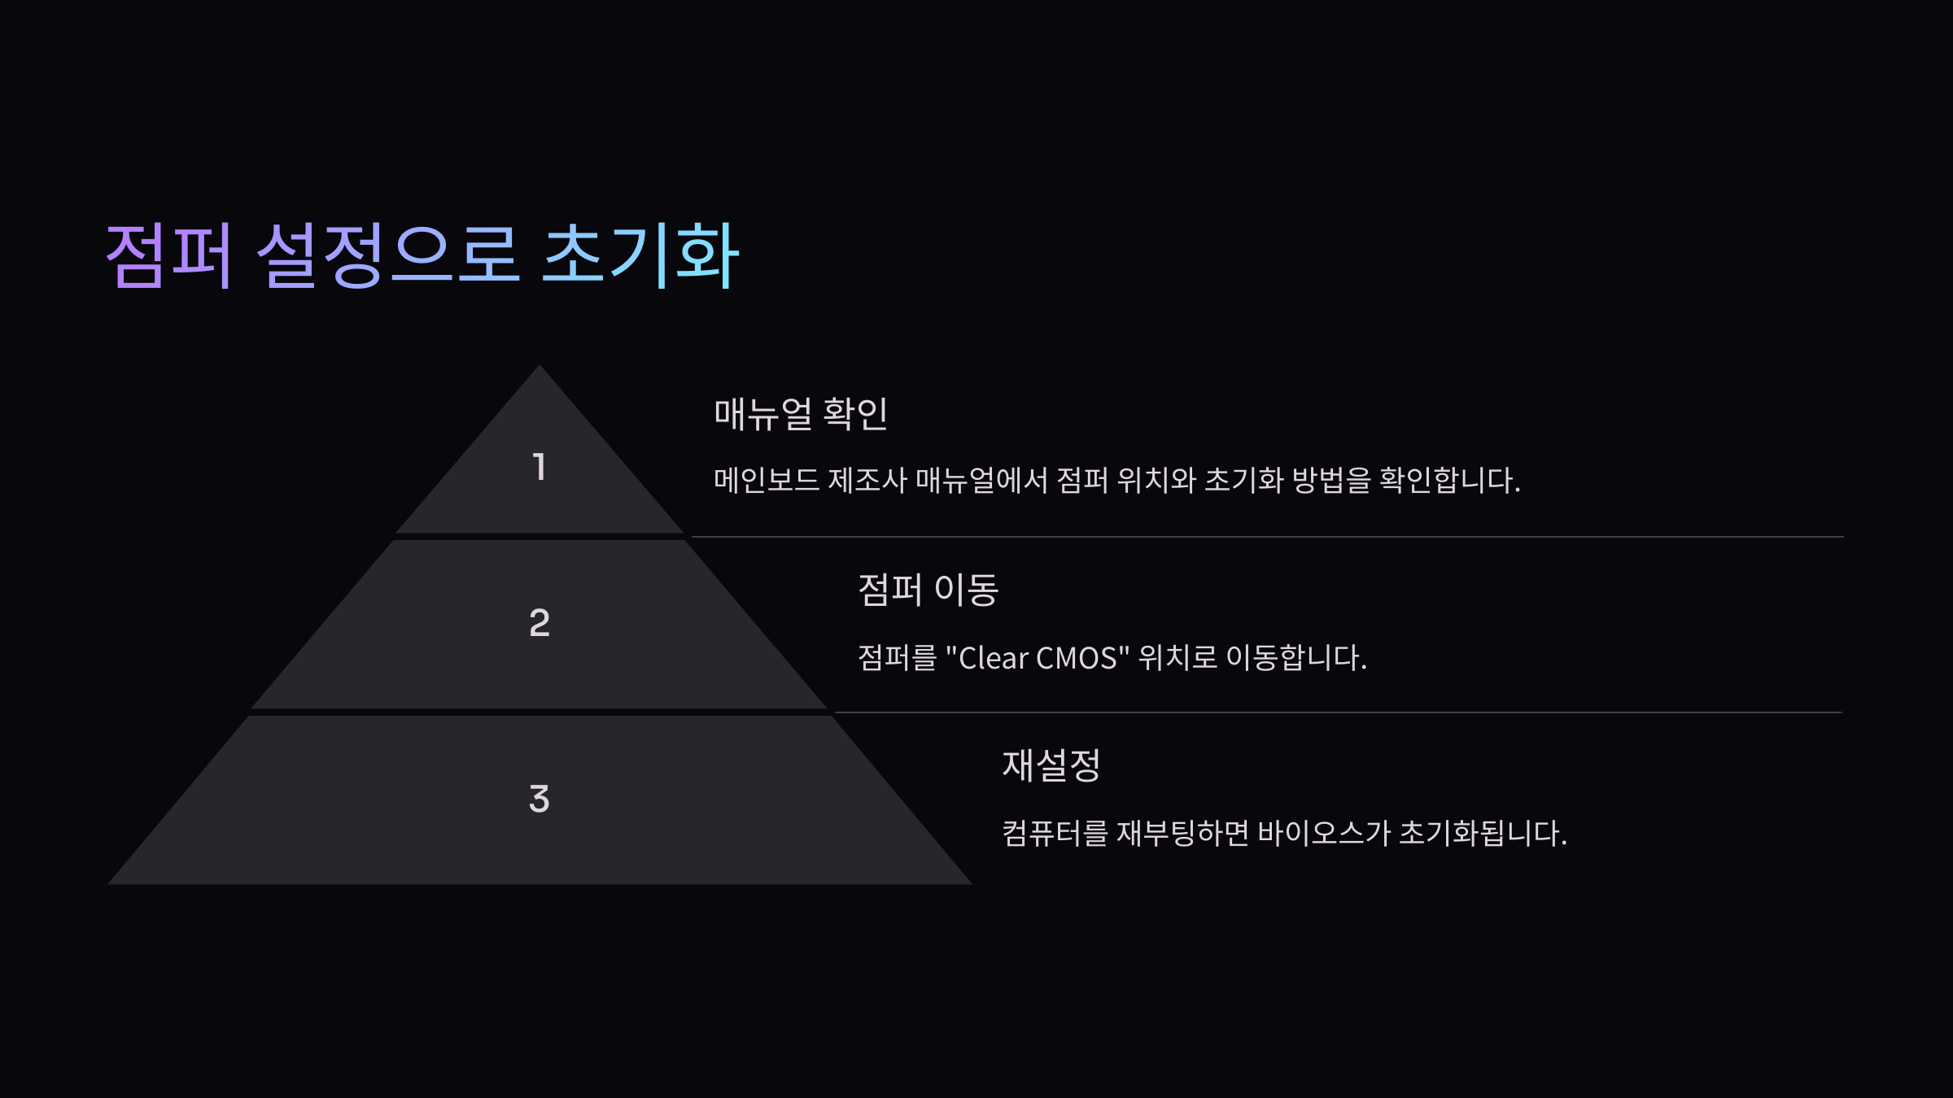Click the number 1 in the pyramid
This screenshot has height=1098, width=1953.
(x=539, y=467)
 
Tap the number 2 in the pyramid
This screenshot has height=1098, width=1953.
(x=539, y=623)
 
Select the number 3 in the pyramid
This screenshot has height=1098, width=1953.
(x=539, y=799)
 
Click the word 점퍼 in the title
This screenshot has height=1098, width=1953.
(x=169, y=255)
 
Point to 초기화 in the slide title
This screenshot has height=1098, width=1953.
(x=640, y=255)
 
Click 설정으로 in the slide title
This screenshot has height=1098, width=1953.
(x=387, y=255)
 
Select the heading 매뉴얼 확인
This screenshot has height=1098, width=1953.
(x=800, y=414)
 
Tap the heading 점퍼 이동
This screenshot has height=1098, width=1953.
(x=928, y=590)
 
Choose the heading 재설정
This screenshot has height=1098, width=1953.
(x=1051, y=765)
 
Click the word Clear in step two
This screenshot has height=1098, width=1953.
(x=994, y=658)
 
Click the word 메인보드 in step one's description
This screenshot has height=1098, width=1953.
(x=766, y=480)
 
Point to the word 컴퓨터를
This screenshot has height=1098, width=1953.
(x=1054, y=834)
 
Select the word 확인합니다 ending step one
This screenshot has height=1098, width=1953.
(x=1448, y=480)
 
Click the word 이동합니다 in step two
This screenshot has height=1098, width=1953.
(x=1295, y=658)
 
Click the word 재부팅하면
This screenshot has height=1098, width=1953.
(x=1182, y=834)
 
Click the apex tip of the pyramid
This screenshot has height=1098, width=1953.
(x=539, y=368)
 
